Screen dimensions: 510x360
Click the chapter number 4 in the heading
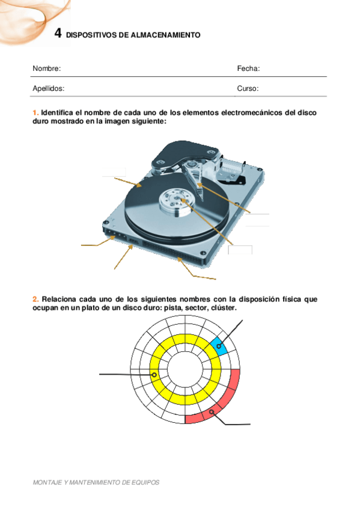(58, 34)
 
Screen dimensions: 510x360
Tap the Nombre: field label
(46, 69)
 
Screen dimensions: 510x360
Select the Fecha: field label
(248, 69)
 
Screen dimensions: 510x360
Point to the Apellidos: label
(48, 88)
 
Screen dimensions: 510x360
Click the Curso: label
(248, 88)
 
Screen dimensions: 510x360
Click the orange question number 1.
(35, 112)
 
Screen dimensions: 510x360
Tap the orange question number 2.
(35, 299)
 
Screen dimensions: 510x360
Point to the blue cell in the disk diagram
(219, 346)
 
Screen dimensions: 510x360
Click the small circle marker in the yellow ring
(154, 374)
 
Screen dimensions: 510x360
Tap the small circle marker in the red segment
(212, 412)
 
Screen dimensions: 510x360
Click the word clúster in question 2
(224, 307)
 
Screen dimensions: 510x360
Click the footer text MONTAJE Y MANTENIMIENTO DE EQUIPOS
(96, 482)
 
